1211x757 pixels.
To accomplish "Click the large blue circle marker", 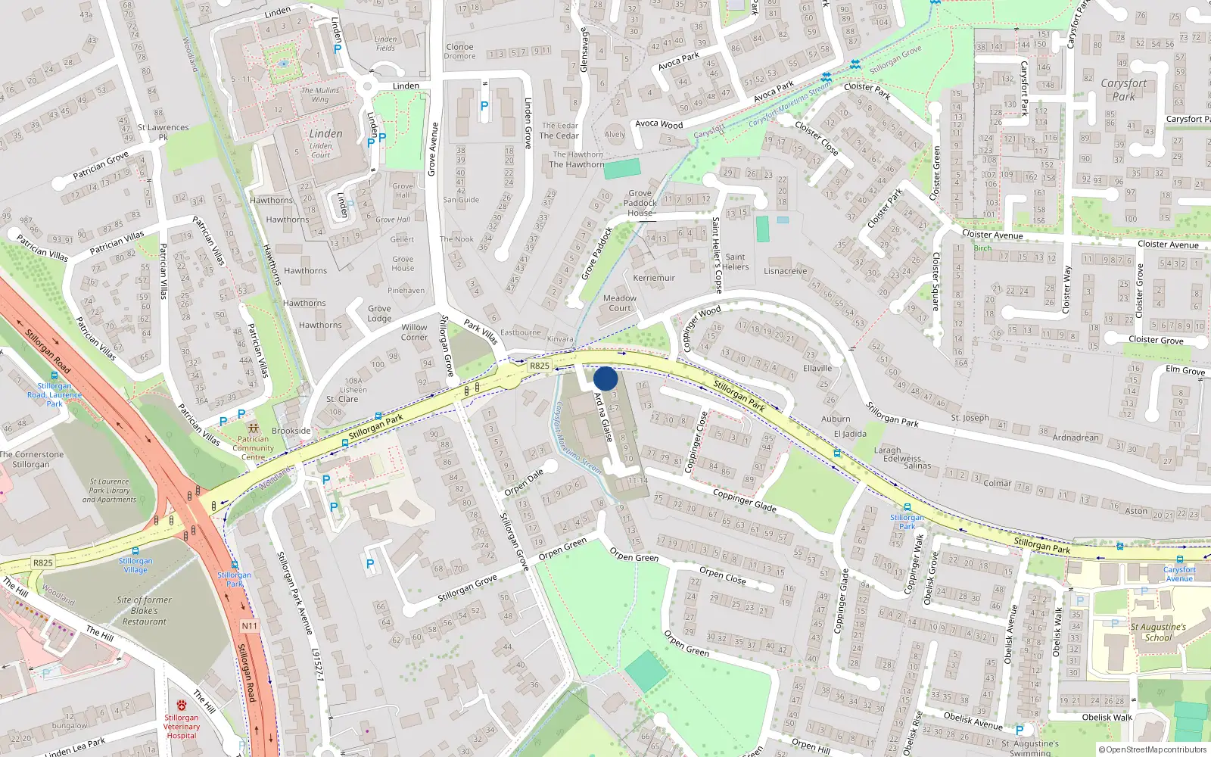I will (x=605, y=378).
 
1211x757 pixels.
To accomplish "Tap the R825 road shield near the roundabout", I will (x=539, y=366).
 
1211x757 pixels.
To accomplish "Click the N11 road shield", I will (x=250, y=626).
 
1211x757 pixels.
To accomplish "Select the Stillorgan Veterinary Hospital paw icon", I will (x=181, y=706).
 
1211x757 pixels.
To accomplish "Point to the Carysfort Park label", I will (x=1123, y=89).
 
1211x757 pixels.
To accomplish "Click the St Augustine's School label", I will (x=1158, y=632).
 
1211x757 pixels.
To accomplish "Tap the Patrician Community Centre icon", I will (x=253, y=428).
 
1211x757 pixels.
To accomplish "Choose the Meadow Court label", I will (x=620, y=303).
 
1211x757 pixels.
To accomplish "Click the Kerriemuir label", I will (x=654, y=278).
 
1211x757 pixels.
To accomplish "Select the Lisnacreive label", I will (x=786, y=271).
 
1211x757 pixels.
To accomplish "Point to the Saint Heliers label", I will (x=735, y=262).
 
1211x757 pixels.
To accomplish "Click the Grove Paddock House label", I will (x=640, y=203).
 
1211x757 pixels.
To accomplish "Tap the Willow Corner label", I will (x=414, y=332).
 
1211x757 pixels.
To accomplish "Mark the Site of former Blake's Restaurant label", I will (x=145, y=611).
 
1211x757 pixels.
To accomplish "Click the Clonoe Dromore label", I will (x=459, y=51).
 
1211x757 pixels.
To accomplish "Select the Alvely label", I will (x=615, y=135).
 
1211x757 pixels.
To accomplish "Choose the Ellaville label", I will (x=817, y=369).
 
